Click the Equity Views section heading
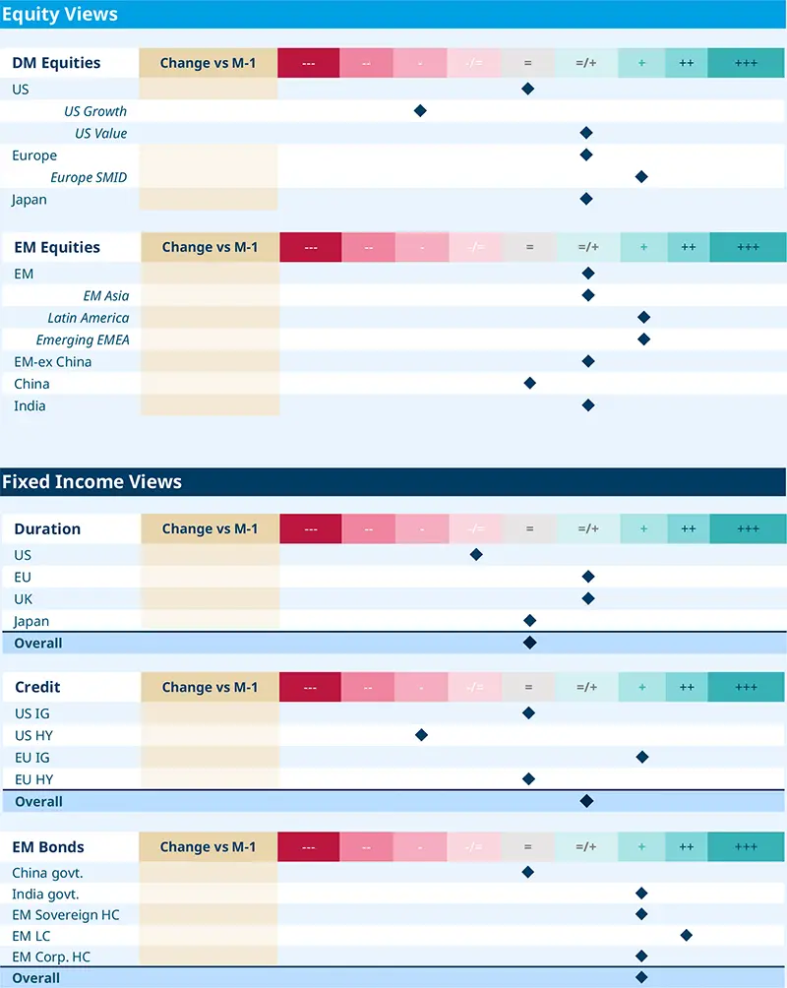(60, 14)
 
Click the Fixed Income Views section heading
(91, 481)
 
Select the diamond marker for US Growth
(420, 111)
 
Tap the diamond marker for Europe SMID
(641, 177)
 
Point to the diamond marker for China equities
(529, 383)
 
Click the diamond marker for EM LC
(686, 935)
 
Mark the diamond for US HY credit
(421, 735)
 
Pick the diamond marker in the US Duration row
(476, 554)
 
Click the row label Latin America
(89, 318)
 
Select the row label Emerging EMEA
(83, 340)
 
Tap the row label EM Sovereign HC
(66, 915)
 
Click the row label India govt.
(45, 894)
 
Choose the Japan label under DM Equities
(30, 200)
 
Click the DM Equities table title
(56, 63)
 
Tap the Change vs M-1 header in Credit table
(210, 687)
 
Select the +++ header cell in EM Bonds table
(746, 846)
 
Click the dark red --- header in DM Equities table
(308, 63)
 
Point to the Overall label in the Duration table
(38, 643)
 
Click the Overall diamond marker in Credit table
(586, 801)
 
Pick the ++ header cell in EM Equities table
(688, 247)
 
